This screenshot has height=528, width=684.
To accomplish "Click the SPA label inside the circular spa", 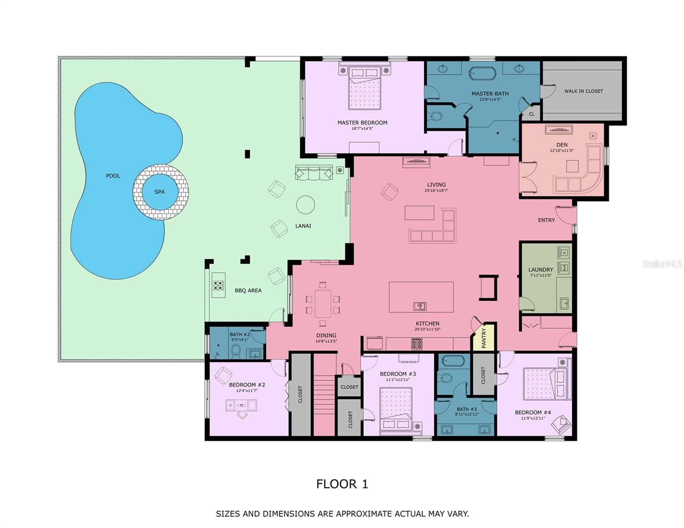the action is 159,192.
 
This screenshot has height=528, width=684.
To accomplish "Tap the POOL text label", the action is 113,176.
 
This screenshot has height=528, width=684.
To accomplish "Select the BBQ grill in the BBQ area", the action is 218,285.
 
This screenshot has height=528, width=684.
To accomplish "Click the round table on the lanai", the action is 305,205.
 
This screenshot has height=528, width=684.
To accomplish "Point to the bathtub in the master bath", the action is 482,73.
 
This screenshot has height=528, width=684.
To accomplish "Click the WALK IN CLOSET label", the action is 583,91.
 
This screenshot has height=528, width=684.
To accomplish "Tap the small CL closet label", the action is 532,114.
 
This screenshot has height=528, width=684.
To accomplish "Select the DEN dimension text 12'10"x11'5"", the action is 562,150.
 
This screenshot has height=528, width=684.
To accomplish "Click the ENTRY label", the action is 546,220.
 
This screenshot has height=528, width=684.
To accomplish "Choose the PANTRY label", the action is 484,338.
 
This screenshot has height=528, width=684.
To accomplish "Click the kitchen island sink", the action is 420,306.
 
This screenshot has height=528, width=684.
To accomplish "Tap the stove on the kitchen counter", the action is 417,344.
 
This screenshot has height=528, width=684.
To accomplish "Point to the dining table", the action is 323,304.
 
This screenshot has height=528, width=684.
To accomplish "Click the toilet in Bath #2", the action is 236,352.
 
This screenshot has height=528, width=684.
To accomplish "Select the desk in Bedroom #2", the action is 241,405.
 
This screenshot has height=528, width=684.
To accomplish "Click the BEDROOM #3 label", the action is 398,374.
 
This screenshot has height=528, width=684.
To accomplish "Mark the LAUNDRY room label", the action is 540,270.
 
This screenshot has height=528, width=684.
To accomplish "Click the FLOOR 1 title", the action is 342,484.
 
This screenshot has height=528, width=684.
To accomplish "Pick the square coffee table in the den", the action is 572,166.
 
